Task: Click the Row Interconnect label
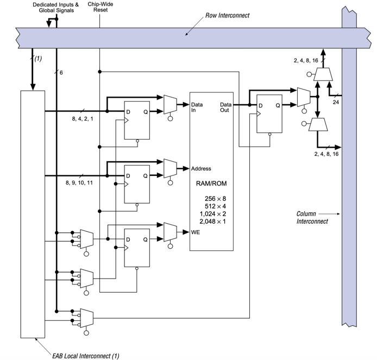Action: tap(228, 15)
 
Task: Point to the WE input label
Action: tap(195, 232)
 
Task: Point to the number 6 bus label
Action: tap(61, 72)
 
